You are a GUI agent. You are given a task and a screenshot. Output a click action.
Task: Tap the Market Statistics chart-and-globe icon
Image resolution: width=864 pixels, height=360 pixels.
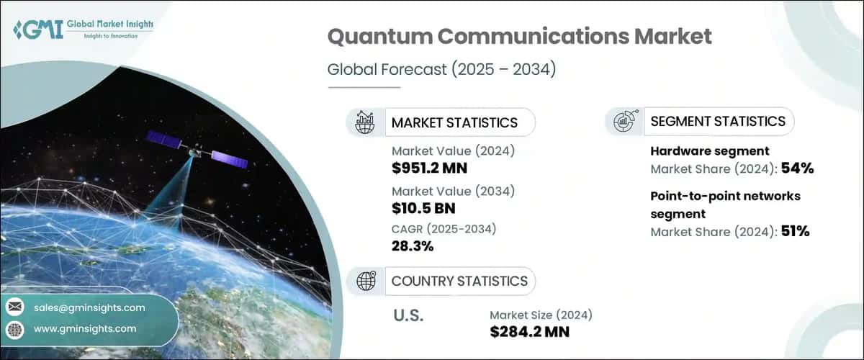coord(365,122)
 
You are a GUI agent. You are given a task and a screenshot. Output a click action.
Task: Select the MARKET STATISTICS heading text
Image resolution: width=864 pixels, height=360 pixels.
coord(454,122)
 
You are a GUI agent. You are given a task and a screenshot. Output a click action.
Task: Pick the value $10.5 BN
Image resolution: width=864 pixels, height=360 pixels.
coord(423,209)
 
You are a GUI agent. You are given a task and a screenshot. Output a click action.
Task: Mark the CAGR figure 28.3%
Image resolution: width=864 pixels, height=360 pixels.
coord(413,247)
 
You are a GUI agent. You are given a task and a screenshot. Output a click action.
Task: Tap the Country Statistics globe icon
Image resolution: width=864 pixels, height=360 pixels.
coord(365,281)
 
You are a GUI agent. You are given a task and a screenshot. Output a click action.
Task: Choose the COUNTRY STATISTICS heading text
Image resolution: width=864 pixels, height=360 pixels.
coord(459,281)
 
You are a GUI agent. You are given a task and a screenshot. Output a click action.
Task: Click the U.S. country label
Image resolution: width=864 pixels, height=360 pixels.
coord(408,315)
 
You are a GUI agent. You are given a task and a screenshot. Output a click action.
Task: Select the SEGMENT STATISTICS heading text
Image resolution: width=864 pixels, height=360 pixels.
coord(718,122)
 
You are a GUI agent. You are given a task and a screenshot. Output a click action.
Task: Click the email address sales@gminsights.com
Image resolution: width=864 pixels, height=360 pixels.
coord(89,307)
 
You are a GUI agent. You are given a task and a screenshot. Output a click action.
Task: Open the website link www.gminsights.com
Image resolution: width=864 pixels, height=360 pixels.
coord(85,329)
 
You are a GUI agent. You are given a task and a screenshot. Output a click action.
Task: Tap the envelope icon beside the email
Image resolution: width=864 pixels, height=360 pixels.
coord(14,307)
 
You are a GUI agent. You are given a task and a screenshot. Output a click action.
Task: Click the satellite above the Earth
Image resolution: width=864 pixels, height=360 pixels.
coord(197,150)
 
